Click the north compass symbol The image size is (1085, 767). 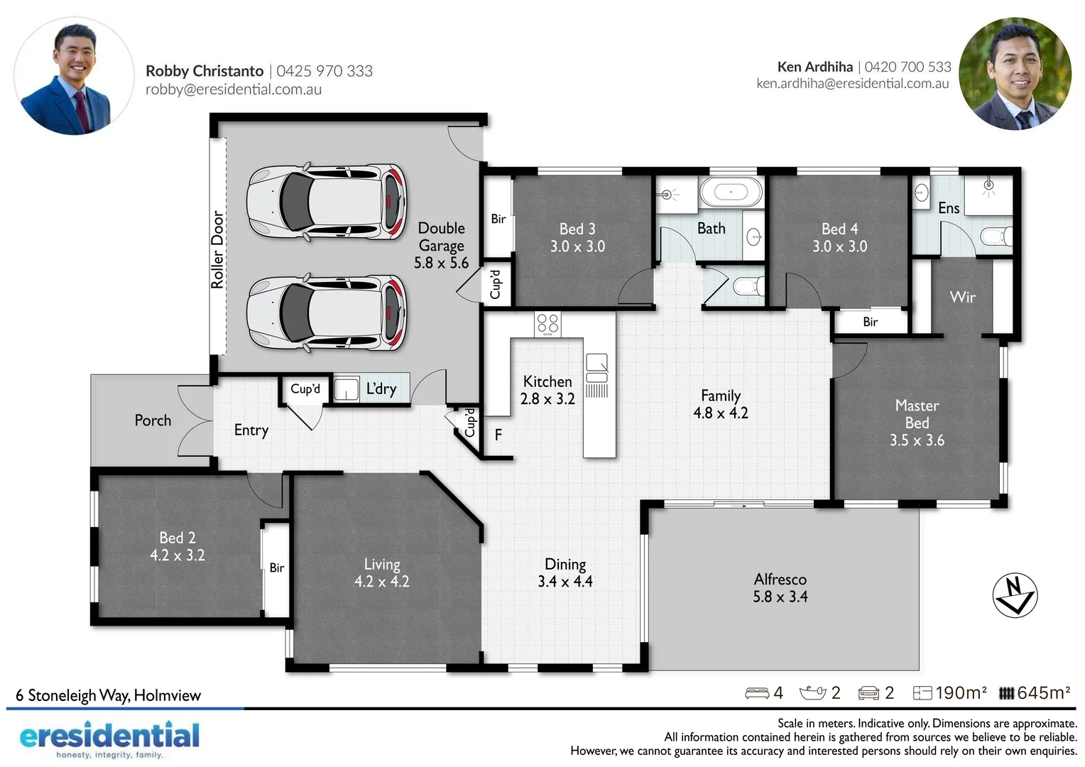pyautogui.click(x=1015, y=595)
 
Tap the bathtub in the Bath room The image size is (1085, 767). pyautogui.click(x=730, y=192)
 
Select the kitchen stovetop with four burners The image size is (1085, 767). pyautogui.click(x=547, y=324)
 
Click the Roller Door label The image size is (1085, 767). pyautogui.click(x=217, y=249)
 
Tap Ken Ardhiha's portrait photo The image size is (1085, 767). pyautogui.click(x=1015, y=74)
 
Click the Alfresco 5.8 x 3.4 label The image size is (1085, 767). pyautogui.click(x=780, y=588)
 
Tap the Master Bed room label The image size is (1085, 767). pyautogui.click(x=917, y=423)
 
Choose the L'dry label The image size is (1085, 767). pyautogui.click(x=381, y=388)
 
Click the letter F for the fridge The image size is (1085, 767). pyautogui.click(x=498, y=435)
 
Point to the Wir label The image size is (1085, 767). pyautogui.click(x=962, y=297)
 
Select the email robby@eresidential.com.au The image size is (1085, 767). pyautogui.click(x=234, y=89)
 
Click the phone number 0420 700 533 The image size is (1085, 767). pyautogui.click(x=907, y=67)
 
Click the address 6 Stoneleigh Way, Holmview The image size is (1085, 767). pyautogui.click(x=109, y=695)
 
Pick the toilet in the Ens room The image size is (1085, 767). pyautogui.click(x=995, y=236)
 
